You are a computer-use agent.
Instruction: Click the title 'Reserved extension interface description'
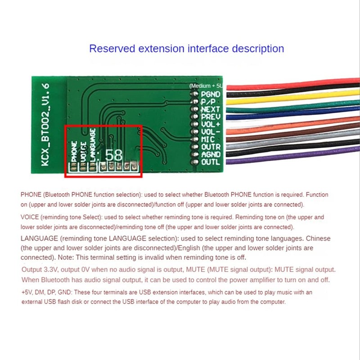tap(186, 49)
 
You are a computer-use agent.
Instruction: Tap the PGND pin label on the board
tap(211, 94)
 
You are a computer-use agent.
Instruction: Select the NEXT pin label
tap(211, 109)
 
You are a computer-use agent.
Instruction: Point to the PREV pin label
tap(211, 117)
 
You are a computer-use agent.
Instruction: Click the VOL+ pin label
tap(211, 125)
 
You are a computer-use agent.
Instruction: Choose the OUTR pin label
tap(211, 147)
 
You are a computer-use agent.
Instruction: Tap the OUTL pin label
tap(211, 162)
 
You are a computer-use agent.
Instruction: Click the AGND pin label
tap(211, 154)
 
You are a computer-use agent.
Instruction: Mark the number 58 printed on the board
tap(113, 155)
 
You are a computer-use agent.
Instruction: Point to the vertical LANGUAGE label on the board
tap(92, 144)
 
